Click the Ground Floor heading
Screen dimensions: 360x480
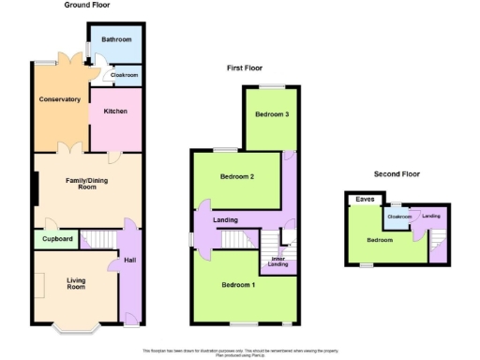tap(88, 6)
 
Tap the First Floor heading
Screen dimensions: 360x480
tap(246, 68)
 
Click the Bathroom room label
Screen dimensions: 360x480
tap(116, 39)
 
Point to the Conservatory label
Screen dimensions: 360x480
tap(59, 98)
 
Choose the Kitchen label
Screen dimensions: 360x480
tap(115, 111)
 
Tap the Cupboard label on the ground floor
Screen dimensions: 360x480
tap(55, 239)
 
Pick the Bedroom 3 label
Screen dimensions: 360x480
tap(271, 114)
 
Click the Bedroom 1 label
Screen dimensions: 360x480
tap(238, 284)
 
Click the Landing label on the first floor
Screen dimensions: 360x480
tap(225, 220)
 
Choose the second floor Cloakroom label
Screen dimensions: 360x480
tap(399, 217)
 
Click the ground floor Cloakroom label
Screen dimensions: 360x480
tap(125, 75)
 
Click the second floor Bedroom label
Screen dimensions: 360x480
tap(380, 239)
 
